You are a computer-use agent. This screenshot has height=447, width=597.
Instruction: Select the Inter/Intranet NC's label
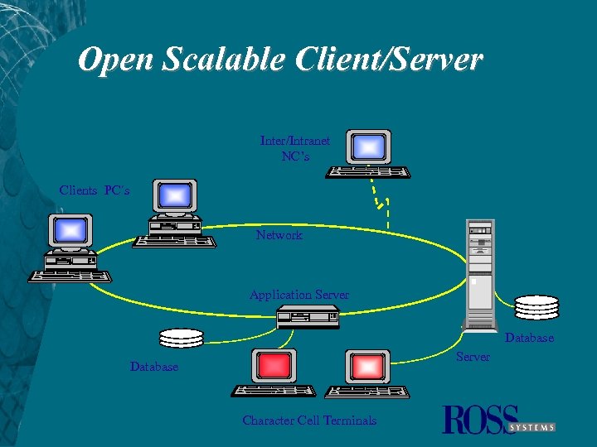click(294, 148)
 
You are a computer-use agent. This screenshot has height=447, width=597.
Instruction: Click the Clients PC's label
click(95, 190)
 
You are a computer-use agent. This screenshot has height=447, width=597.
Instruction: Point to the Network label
click(279, 235)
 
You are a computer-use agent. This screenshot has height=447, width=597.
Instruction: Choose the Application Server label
click(298, 295)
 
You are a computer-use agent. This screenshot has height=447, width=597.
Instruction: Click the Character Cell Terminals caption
click(309, 421)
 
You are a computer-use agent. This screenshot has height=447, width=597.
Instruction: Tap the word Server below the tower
click(473, 357)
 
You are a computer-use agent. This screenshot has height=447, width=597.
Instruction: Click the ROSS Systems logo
click(498, 420)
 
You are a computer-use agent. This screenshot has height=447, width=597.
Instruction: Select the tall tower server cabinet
click(481, 273)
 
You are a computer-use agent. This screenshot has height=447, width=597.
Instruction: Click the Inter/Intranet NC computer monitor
click(369, 147)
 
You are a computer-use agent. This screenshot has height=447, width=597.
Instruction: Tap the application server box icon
click(308, 316)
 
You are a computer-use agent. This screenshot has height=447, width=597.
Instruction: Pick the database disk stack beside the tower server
click(536, 306)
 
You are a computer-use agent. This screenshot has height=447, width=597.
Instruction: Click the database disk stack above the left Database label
click(181, 338)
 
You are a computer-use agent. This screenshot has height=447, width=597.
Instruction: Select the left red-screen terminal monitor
click(274, 365)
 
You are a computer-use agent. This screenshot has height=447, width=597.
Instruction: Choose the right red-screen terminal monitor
click(366, 365)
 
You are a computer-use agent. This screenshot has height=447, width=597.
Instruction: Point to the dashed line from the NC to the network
click(381, 199)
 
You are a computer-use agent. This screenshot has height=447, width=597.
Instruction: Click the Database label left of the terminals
click(153, 367)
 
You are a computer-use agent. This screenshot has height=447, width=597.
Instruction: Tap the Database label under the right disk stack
click(529, 338)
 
